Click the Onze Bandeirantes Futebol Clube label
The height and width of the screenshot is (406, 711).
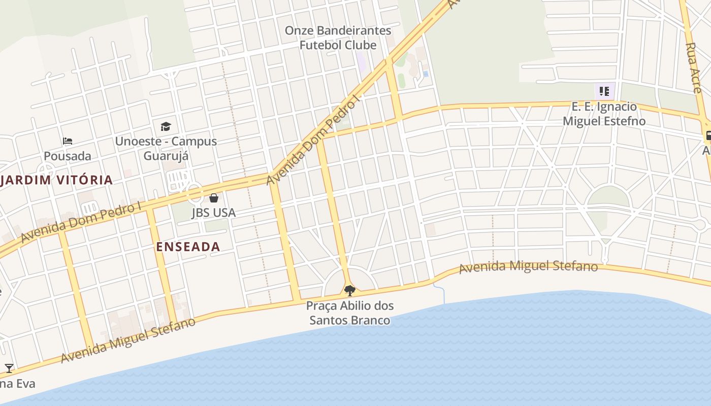[x=338, y=38]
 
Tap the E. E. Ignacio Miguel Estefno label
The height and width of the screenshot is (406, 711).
[x=604, y=114]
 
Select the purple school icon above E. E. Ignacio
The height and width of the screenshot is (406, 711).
[x=604, y=91]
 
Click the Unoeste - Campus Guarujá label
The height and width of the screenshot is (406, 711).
[x=166, y=148]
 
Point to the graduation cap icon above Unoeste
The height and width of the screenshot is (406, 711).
[x=166, y=126]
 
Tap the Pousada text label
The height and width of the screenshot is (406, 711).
[x=68, y=156]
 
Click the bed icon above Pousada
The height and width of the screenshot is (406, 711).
[x=68, y=141]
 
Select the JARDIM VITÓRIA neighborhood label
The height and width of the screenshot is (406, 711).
[x=56, y=180]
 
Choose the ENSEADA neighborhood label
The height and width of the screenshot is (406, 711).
[x=188, y=247]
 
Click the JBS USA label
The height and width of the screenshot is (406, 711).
[x=213, y=212]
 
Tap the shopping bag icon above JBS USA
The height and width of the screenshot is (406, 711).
[x=214, y=197]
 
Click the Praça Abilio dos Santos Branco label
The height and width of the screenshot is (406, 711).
[x=350, y=313]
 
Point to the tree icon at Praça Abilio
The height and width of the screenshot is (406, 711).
[x=349, y=290]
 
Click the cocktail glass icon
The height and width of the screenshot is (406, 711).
[x=9, y=368]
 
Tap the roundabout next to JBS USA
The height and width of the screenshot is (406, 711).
[x=193, y=192]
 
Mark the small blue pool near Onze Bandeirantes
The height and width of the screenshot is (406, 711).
[x=426, y=74]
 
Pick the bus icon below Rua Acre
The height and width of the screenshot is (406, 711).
[x=708, y=136]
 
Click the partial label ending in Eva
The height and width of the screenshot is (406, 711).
[x=17, y=383]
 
